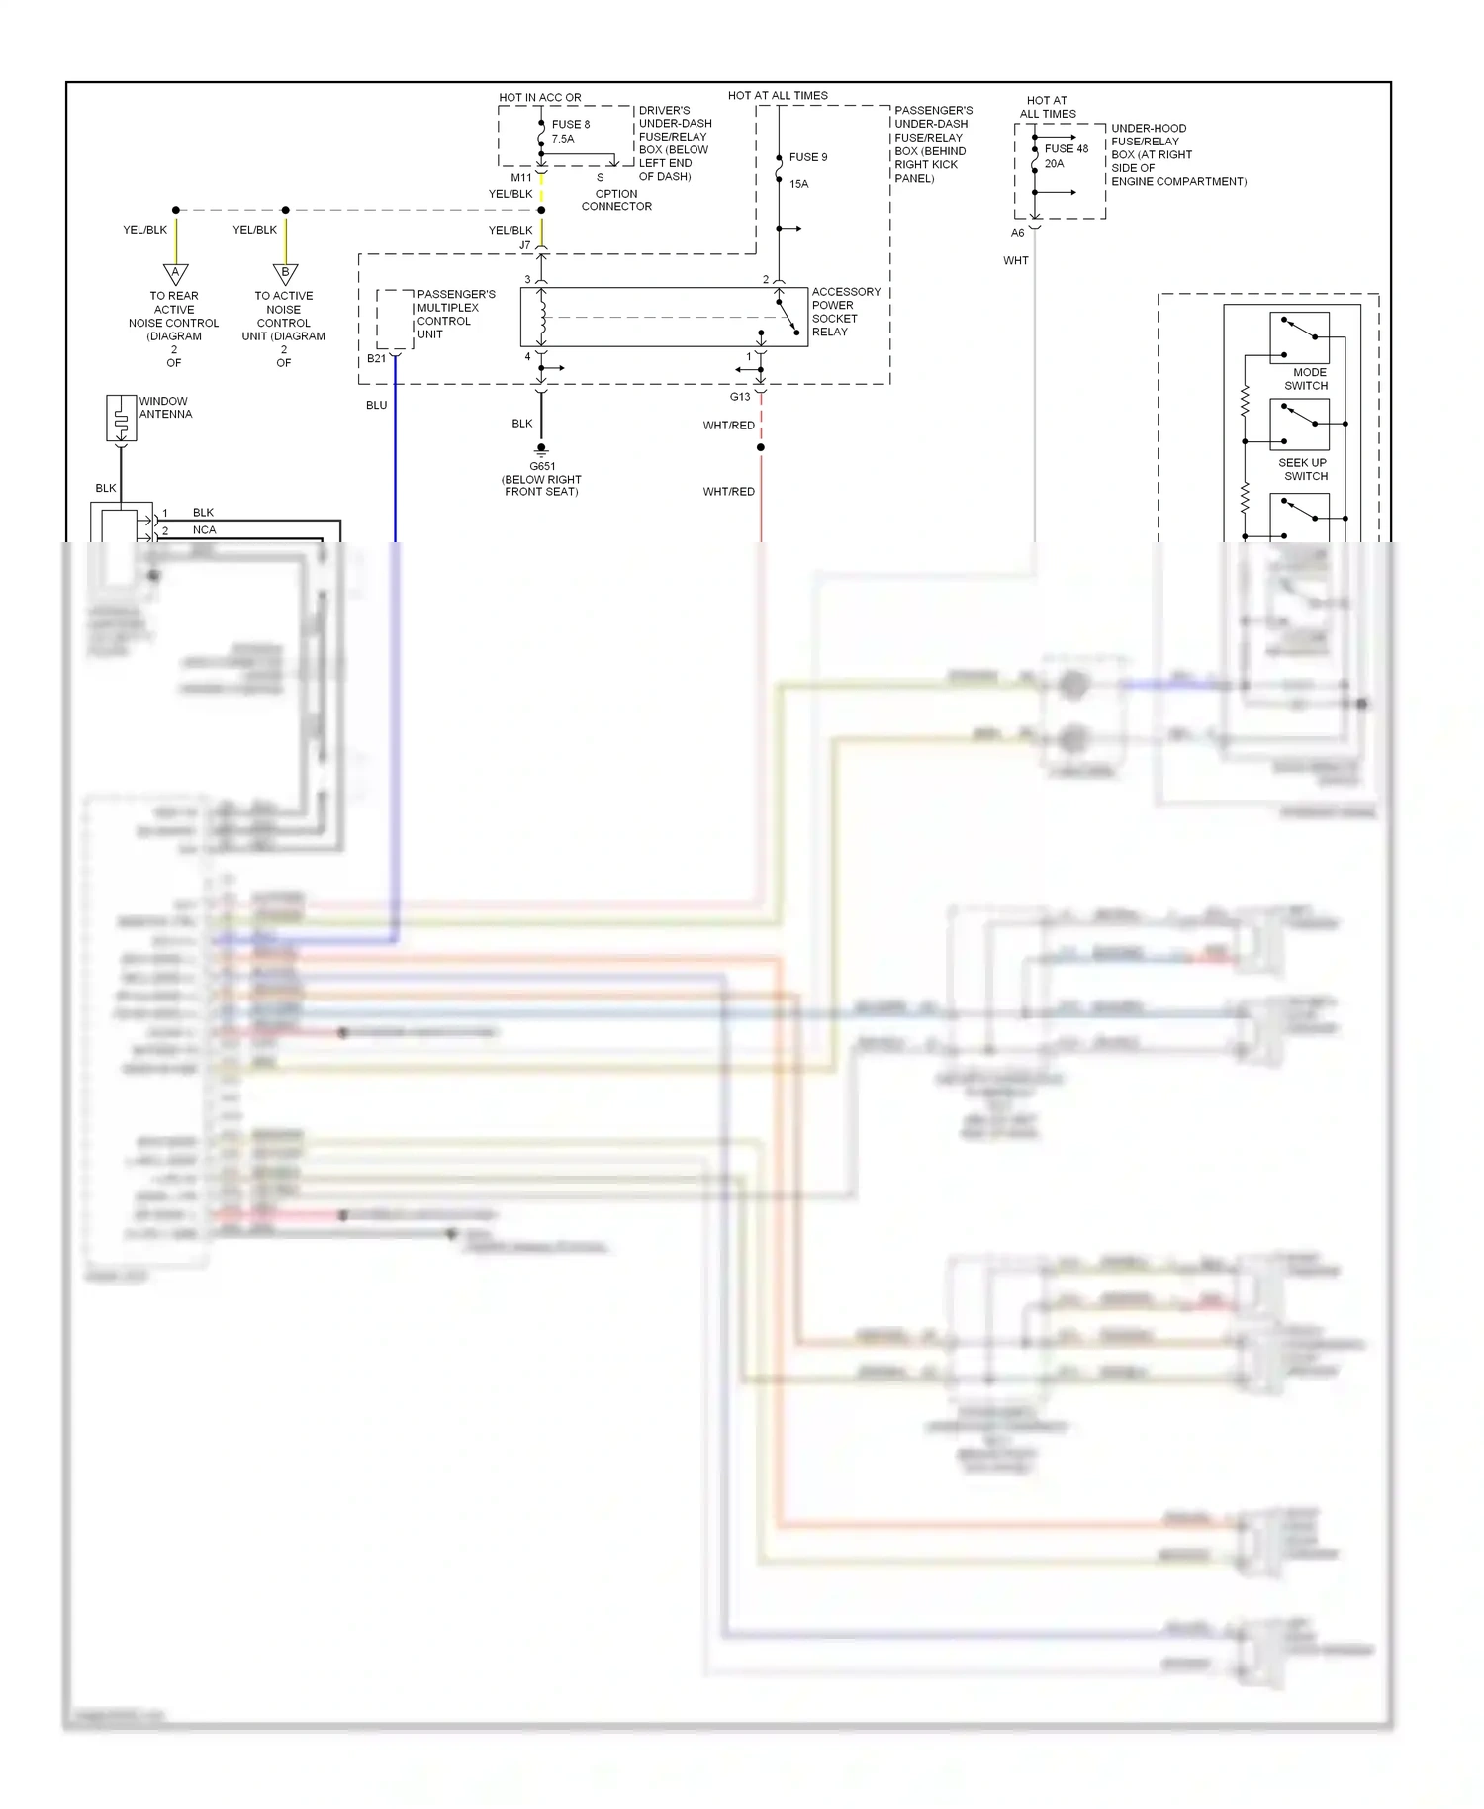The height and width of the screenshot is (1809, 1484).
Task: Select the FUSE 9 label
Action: coord(807,157)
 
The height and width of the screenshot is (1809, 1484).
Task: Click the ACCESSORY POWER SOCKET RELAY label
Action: coord(845,312)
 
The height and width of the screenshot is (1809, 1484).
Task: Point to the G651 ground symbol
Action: coord(541,450)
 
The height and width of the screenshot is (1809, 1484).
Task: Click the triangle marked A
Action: coord(175,273)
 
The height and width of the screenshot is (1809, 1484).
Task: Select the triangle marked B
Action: coord(285,273)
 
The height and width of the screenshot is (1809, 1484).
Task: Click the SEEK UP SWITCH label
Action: coord(1303,469)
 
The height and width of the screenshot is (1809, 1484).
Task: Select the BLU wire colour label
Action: coord(376,405)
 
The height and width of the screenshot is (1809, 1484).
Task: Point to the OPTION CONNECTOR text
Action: coord(616,200)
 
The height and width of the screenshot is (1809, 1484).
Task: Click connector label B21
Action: coord(376,358)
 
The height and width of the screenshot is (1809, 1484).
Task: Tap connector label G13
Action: coord(739,397)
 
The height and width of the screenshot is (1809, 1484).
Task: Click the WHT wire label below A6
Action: coord(1015,261)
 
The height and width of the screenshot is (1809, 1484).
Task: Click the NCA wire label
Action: coord(204,530)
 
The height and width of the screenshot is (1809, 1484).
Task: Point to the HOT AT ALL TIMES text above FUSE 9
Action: coord(778,96)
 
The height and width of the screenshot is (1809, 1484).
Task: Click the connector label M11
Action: coord(520,178)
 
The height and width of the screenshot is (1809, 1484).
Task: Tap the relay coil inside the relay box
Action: coord(542,317)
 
